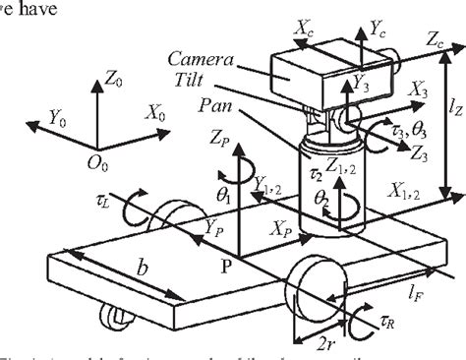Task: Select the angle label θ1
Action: pos(222,197)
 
